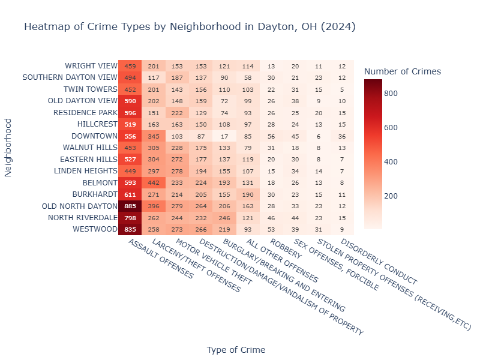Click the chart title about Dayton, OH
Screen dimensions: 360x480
tap(190, 27)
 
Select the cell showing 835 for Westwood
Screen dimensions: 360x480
tap(130, 229)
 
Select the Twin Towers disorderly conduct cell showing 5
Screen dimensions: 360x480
tap(341, 89)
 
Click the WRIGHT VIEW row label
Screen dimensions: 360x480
tap(91, 66)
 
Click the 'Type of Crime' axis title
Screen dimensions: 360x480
tap(236, 349)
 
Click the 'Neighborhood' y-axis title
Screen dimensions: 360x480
tap(8, 147)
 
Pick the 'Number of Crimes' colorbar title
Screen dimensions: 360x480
tap(403, 71)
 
